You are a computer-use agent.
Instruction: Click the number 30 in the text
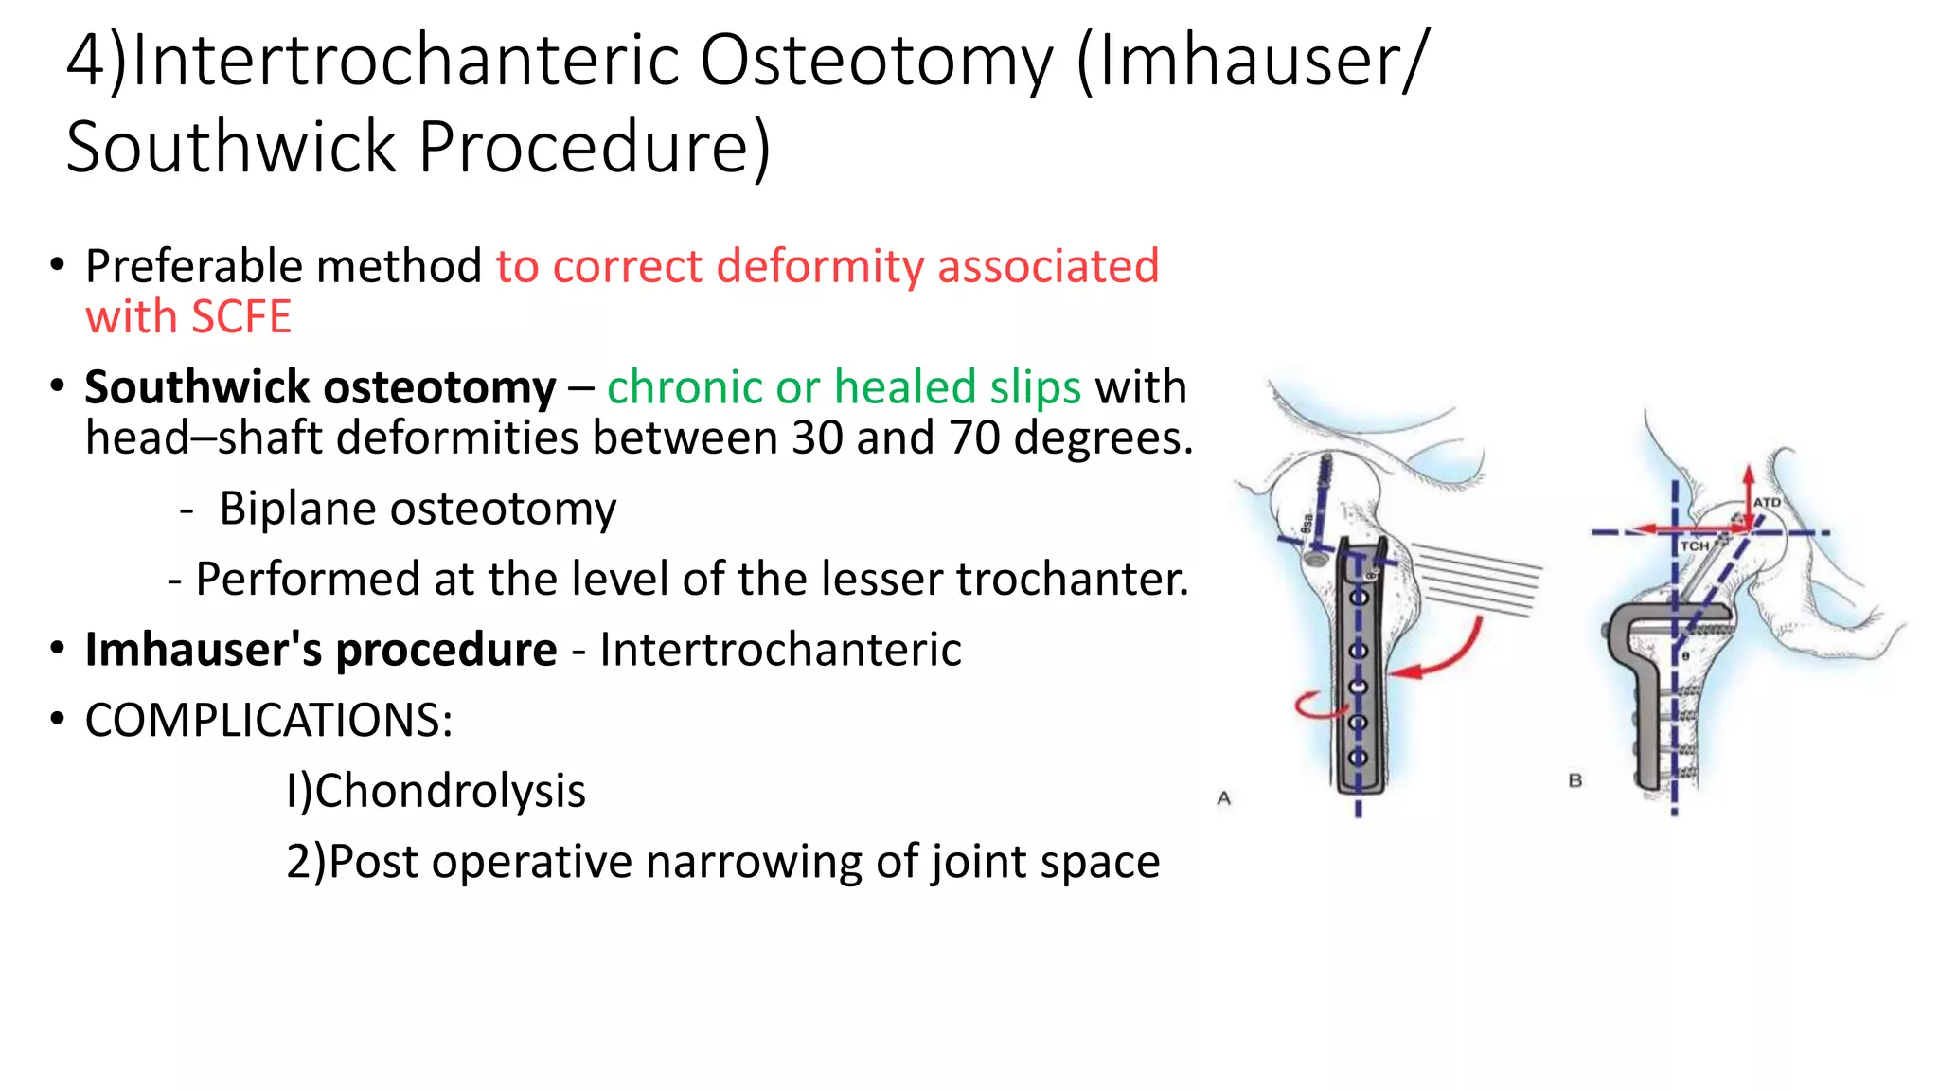(817, 438)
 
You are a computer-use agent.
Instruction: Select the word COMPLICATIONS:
(269, 721)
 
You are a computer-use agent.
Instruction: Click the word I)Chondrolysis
(436, 791)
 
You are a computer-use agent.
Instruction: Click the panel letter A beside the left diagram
(1223, 798)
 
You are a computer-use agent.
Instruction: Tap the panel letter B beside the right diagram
(1574, 780)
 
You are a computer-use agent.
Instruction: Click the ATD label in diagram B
(1767, 503)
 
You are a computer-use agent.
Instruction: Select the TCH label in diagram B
(1694, 546)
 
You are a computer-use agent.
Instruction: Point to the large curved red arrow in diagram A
(1449, 653)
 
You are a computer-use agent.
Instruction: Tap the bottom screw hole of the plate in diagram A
(1358, 758)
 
